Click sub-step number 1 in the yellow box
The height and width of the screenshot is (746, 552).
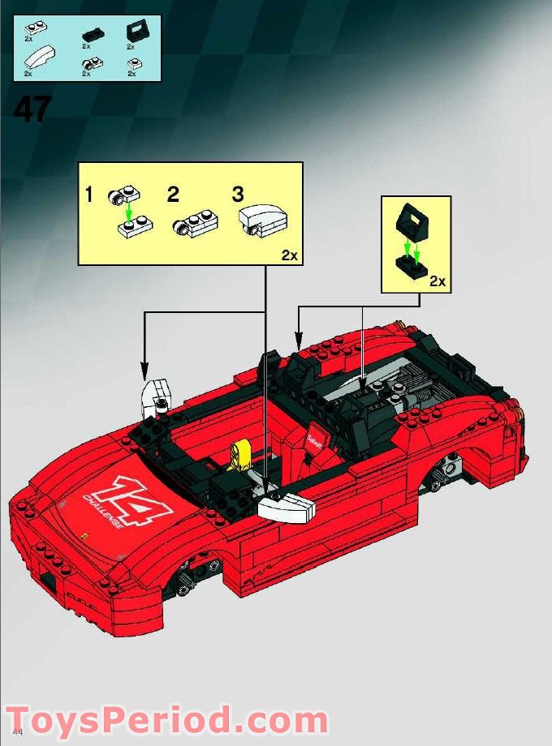tap(89, 195)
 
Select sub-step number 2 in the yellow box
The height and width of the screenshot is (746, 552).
tap(172, 195)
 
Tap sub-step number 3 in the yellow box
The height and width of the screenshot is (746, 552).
tap(237, 195)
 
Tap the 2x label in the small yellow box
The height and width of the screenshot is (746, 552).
tap(438, 281)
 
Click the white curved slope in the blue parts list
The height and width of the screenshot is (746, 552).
tap(40, 59)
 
